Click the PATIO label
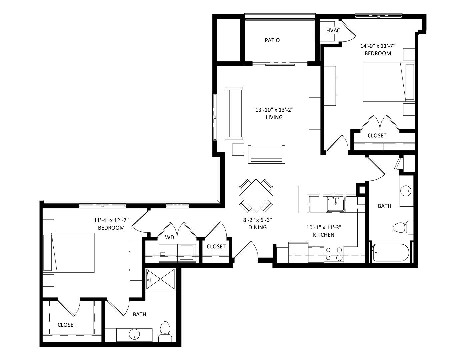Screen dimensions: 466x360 point(272,40)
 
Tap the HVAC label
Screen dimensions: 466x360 point(333,30)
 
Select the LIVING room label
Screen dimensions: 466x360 point(274,117)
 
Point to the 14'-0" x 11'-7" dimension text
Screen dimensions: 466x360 point(378,46)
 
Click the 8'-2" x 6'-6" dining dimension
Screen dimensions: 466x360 point(258,220)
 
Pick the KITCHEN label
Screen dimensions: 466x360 point(324,235)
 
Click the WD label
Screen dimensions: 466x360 point(169,237)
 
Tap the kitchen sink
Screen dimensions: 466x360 point(336,204)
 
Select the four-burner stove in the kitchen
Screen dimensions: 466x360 point(334,254)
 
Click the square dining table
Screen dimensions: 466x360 point(256,196)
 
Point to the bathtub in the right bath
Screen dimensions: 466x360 point(391,253)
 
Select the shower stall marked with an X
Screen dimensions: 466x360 point(160,280)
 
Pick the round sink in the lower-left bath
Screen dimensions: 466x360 point(134,334)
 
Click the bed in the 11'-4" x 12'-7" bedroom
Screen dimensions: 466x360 point(69,253)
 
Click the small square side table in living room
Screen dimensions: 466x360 point(238,149)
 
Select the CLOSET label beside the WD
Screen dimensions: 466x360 point(216,247)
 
